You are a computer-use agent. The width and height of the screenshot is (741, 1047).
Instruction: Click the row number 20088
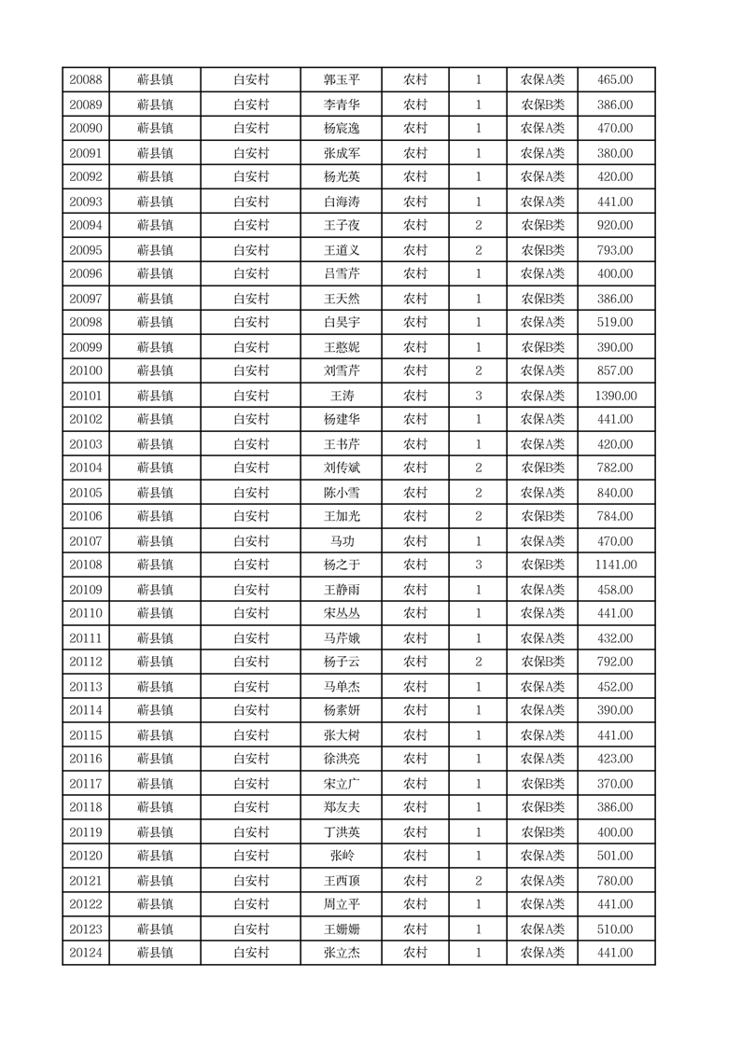(x=86, y=80)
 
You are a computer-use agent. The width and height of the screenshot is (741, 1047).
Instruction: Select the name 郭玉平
(x=342, y=80)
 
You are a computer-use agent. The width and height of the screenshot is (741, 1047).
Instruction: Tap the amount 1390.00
(x=615, y=396)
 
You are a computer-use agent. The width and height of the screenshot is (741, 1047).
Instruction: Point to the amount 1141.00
(x=615, y=565)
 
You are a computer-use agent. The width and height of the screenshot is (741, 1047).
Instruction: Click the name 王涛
(x=342, y=396)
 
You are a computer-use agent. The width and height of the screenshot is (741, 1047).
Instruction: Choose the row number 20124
(x=86, y=953)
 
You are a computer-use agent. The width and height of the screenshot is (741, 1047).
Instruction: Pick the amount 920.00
(x=615, y=225)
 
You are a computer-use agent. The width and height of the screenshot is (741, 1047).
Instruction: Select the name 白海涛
(x=342, y=202)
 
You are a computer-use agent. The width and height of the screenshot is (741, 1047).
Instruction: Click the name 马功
(x=342, y=541)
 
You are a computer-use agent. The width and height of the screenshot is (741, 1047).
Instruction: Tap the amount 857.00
(x=615, y=370)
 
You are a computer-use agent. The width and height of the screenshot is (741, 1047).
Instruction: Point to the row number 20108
(x=86, y=565)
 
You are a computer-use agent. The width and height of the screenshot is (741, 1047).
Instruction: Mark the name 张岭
(x=342, y=856)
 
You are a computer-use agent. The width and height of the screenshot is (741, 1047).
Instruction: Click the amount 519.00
(x=615, y=322)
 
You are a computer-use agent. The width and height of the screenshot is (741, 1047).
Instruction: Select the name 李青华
(x=342, y=105)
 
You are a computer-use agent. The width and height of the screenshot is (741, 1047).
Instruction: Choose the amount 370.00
(x=615, y=784)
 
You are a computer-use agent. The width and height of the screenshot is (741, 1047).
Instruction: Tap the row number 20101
(x=86, y=396)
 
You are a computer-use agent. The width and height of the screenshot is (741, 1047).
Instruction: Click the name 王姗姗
(x=342, y=929)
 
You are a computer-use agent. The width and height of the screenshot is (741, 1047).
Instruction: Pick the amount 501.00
(x=615, y=856)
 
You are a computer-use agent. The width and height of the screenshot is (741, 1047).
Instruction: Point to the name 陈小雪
(x=342, y=493)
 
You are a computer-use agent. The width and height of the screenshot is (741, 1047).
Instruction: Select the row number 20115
(x=86, y=735)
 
